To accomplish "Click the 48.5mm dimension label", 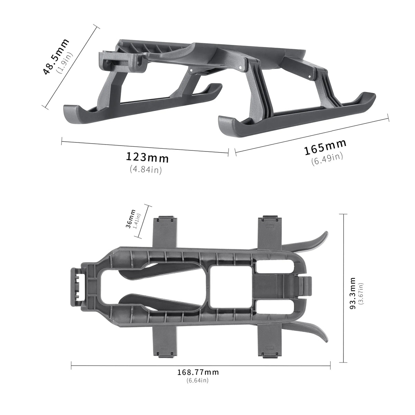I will [56, 56].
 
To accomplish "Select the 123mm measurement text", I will [147, 157].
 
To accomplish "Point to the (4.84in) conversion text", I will [146, 169].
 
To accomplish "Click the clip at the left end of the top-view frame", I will [80, 287].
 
